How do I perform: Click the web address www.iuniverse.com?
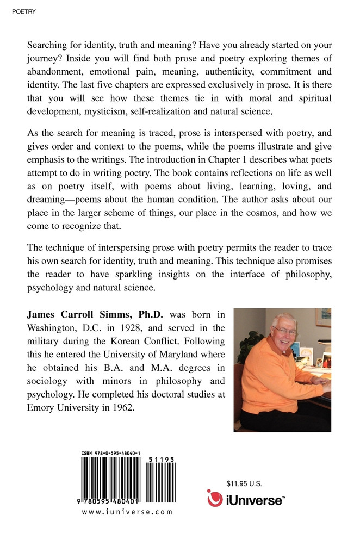(127, 512)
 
